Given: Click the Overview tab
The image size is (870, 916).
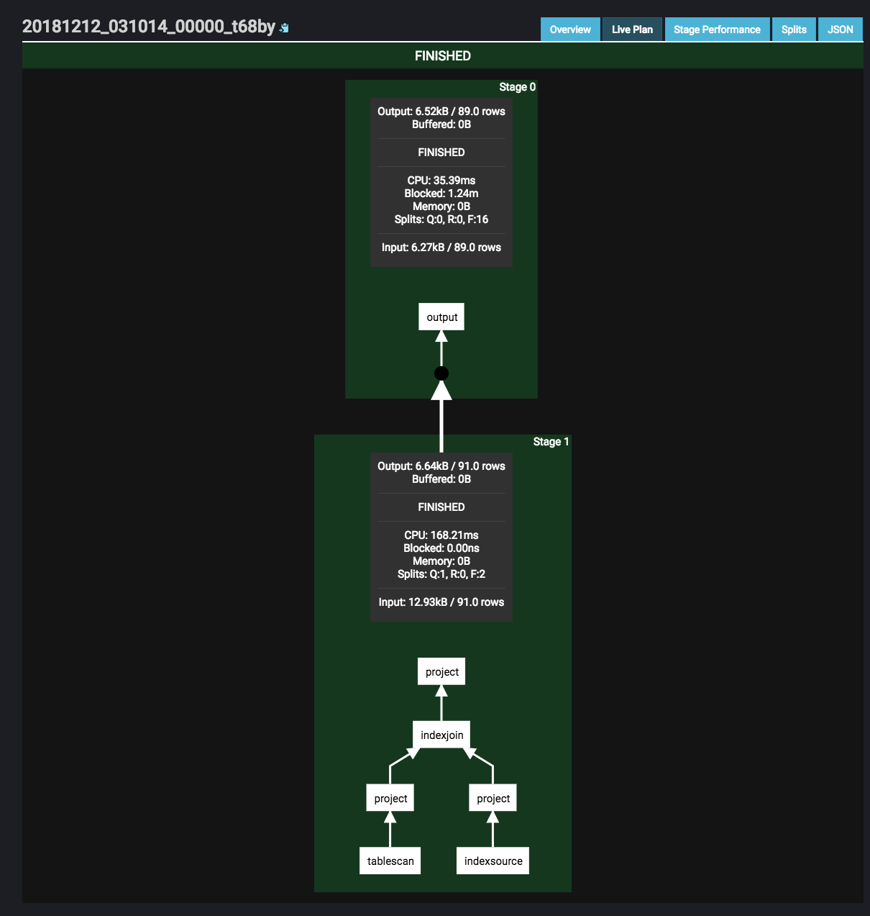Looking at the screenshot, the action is (570, 30).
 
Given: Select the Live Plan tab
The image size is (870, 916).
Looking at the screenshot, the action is (632, 30).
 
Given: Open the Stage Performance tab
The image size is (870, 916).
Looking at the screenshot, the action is (717, 30).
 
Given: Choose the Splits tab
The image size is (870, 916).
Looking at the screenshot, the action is (794, 30).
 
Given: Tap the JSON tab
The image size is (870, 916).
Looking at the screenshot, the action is (841, 30).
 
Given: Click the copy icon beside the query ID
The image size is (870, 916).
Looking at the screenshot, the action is (284, 28).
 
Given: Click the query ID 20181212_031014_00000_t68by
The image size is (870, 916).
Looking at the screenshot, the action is (149, 27).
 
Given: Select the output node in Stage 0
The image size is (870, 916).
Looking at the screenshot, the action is (441, 317).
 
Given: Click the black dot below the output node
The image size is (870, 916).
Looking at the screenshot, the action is (441, 373).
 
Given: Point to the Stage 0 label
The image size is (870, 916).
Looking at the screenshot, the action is (517, 87).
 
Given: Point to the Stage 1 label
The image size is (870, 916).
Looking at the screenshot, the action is (551, 442).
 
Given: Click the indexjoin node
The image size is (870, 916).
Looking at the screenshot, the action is (441, 735).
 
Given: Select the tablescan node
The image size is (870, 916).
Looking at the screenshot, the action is (390, 861).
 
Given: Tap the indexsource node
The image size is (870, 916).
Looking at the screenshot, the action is (493, 861).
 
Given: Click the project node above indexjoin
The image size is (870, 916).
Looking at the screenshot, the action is (441, 671).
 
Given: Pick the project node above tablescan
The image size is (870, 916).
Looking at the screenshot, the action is (390, 798).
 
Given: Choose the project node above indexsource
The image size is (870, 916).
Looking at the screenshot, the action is (493, 798).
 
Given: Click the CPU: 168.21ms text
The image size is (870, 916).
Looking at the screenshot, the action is (441, 535).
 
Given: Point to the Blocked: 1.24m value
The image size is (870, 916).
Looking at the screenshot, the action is (441, 194).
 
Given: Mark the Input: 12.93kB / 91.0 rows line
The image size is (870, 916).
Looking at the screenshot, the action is (441, 602).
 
